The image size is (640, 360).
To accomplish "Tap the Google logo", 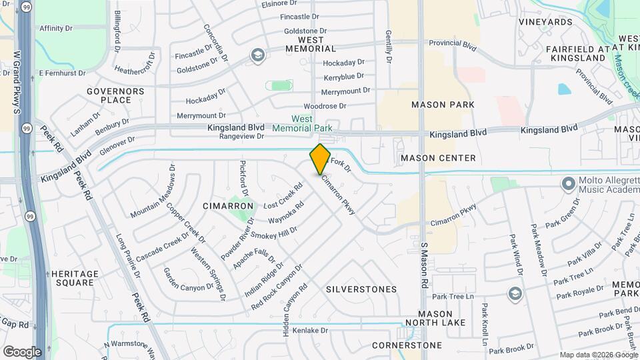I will (x=22, y=351).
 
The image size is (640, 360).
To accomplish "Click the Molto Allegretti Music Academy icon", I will (x=568, y=183).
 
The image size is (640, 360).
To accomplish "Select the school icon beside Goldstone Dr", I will (x=257, y=56).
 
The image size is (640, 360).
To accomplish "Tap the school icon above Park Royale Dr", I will (x=514, y=293).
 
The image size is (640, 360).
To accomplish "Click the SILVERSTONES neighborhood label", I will (x=361, y=289).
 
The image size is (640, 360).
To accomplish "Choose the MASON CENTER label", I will (x=438, y=158).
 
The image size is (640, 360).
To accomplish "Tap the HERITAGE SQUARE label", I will (x=75, y=278).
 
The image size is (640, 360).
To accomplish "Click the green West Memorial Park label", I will (x=302, y=123).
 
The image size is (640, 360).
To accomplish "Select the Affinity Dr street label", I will (x=56, y=29).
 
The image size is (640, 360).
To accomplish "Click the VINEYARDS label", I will (x=545, y=22).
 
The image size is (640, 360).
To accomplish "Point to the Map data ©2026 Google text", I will (x=597, y=355).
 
